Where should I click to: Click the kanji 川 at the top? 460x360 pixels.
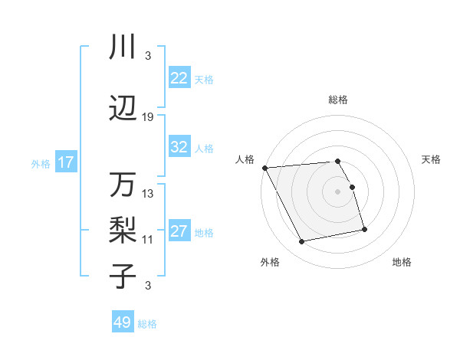123,47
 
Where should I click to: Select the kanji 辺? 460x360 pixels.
123,109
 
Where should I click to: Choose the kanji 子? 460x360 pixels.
123,276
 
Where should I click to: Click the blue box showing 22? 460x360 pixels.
179,78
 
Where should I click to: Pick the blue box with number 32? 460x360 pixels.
179,147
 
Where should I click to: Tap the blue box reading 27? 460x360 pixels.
179,231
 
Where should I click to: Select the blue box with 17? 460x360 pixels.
65,162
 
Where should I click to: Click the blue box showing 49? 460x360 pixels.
123,322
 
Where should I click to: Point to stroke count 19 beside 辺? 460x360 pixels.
148,116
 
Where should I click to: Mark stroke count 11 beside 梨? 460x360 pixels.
148,239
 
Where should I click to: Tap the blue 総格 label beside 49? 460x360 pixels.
147,324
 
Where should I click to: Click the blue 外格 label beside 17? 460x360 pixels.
41,163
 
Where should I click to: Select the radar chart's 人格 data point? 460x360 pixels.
264,168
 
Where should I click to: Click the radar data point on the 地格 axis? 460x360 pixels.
364,229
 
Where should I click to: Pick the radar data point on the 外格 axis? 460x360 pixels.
302,242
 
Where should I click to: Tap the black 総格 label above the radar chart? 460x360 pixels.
337,100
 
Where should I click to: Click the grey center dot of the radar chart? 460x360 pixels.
337,191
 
